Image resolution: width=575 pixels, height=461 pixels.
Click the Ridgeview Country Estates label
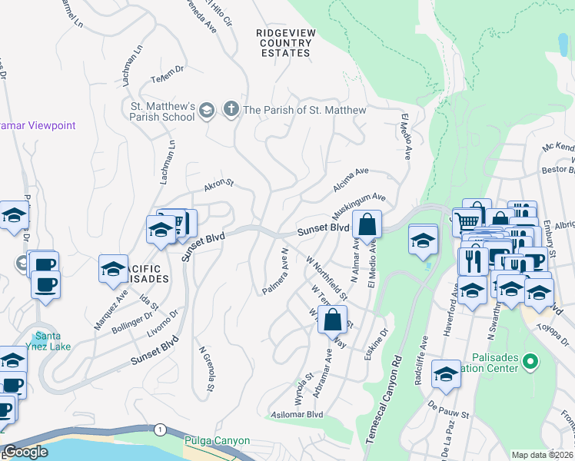coord(284,42)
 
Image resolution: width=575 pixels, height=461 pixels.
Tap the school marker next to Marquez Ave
coord(113,269)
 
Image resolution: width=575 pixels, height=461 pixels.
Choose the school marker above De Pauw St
coord(445,373)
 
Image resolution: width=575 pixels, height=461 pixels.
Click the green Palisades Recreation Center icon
coord(529,360)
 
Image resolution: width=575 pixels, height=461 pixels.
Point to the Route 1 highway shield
coord(159,428)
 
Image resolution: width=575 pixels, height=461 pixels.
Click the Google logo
coord(25,452)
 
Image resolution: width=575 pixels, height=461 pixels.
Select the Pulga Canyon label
coord(217,441)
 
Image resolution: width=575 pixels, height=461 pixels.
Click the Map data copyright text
coord(542,455)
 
